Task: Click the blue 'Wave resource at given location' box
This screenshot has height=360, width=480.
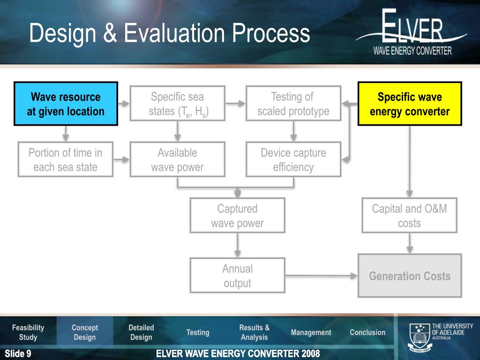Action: pos(66,104)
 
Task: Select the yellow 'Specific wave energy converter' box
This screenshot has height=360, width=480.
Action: pos(410,104)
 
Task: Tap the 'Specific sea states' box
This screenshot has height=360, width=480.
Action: pos(178,104)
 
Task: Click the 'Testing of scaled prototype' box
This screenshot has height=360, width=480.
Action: pos(293,104)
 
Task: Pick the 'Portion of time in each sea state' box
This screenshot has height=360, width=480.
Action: pos(66,159)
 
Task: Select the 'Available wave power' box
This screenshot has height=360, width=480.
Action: pos(178,159)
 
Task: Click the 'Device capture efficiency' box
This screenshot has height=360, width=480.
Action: pos(293,159)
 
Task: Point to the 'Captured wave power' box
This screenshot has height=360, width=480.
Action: pos(237,215)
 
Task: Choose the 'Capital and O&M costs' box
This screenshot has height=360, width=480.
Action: pos(409,215)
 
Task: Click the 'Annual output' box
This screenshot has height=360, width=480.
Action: pos(237,275)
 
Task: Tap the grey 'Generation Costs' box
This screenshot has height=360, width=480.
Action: pos(410,276)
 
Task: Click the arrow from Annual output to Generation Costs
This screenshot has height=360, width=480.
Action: pos(321,276)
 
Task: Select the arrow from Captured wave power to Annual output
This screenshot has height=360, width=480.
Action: pos(238,245)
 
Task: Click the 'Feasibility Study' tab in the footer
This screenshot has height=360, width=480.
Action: pos(28,332)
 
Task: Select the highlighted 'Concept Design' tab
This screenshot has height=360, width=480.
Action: pos(85,332)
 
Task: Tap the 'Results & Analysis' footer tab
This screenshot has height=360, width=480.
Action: pos(254,332)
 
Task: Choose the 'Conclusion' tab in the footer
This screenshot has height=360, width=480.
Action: pos(367,332)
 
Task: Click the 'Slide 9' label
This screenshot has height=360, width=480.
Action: pos(18,353)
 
